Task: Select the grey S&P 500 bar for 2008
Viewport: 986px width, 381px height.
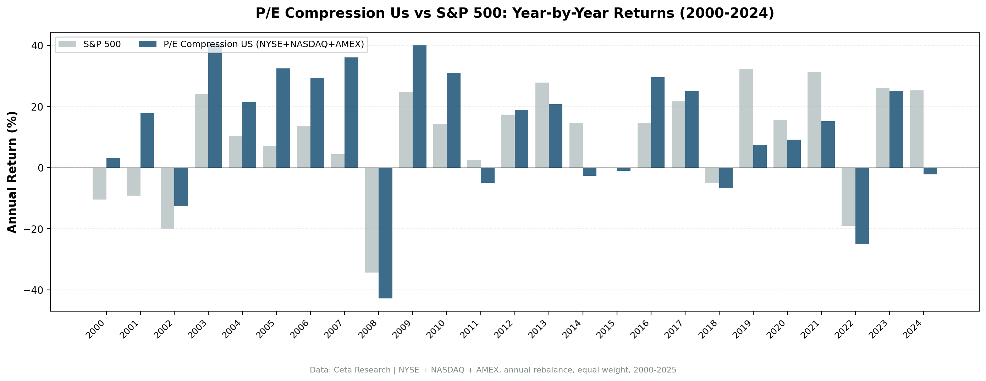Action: tap(372, 220)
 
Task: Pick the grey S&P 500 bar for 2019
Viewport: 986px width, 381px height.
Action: tap(746, 118)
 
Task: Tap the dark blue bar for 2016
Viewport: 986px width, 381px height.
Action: tap(657, 122)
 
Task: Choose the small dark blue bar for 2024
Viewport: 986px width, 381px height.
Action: tap(930, 171)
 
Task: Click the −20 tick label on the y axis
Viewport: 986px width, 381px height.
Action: tap(33, 229)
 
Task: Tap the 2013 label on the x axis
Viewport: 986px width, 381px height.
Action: tap(538, 330)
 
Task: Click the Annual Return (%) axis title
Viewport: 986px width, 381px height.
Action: tap(12, 172)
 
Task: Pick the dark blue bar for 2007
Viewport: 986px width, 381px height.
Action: tap(351, 112)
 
